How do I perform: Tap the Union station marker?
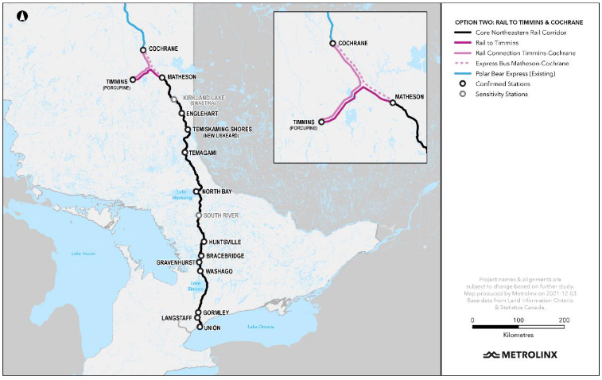tap(199, 326)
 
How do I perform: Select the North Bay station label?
tap(218, 192)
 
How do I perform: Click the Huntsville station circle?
tap(204, 242)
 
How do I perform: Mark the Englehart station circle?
tap(182, 114)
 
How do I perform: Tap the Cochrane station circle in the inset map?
tap(333, 45)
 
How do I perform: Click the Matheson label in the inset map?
tap(410, 96)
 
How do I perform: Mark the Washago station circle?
tap(200, 271)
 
